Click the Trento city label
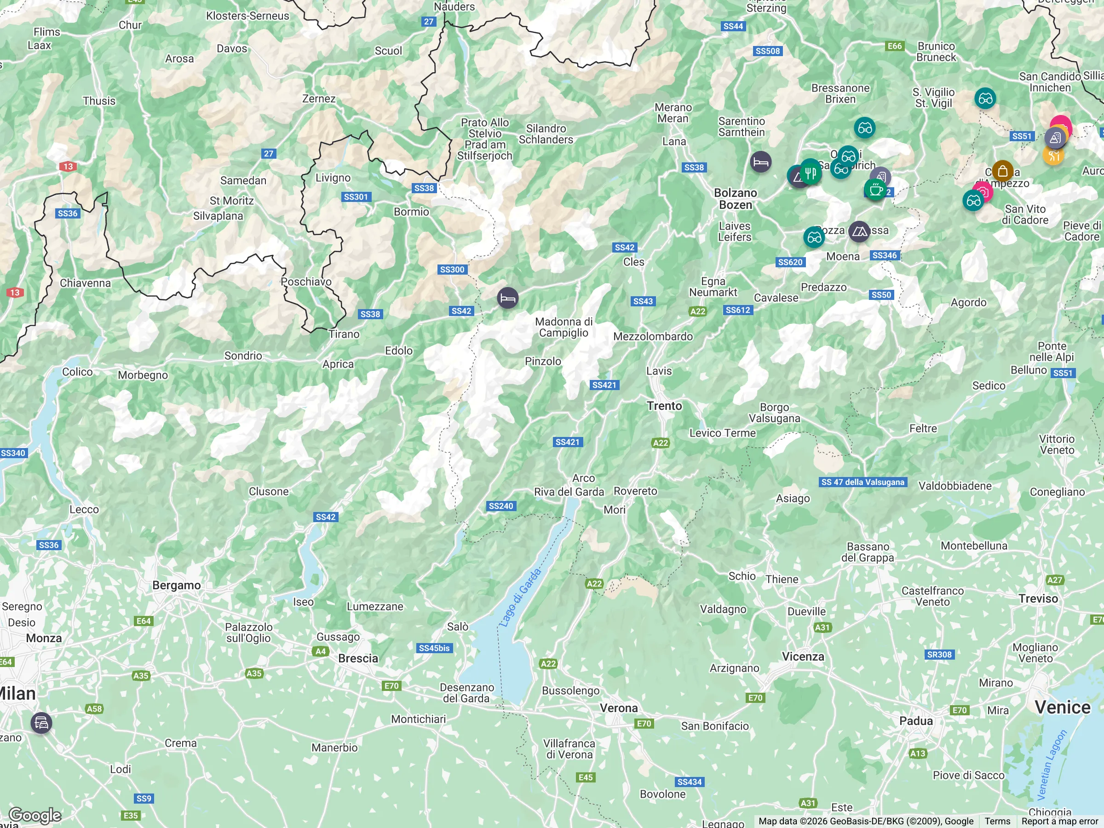point(664,406)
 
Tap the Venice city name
point(1063,707)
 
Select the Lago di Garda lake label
point(520,598)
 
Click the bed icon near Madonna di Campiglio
point(507,299)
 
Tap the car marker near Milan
point(41,723)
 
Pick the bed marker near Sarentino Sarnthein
point(760,162)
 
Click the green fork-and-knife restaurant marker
point(811,172)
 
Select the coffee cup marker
point(875,189)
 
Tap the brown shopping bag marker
point(1002,171)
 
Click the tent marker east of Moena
point(859,231)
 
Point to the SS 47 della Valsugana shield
point(862,482)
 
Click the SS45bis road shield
point(434,648)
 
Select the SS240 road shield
point(500,506)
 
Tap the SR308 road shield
point(939,654)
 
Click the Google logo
point(35,815)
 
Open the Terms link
point(997,821)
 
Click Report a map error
point(1059,821)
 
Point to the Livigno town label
point(333,178)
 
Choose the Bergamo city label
point(176,585)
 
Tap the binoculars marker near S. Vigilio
point(985,99)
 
